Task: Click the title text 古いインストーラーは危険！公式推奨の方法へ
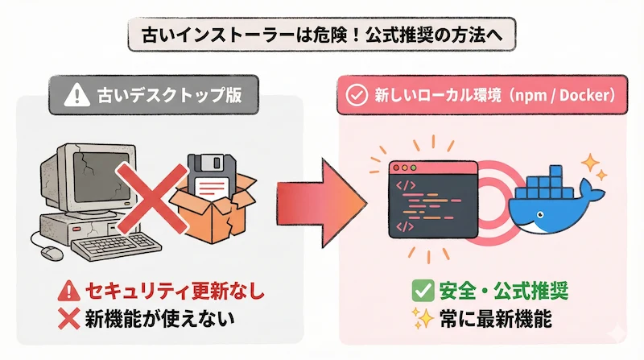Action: [321, 36]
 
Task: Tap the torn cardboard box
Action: [211, 216]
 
